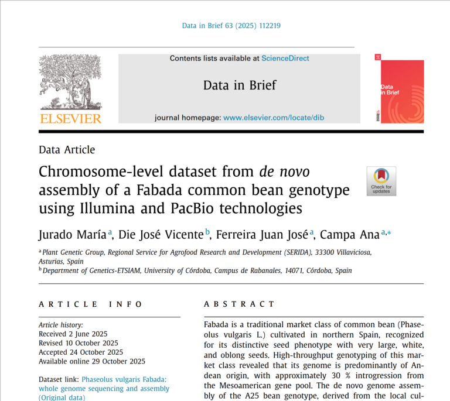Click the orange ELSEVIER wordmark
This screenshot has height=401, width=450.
click(x=70, y=119)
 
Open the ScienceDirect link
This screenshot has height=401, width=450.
click(x=285, y=59)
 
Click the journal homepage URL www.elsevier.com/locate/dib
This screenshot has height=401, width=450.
click(x=274, y=118)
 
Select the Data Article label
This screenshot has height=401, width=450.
click(x=67, y=150)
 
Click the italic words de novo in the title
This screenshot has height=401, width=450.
click(x=284, y=172)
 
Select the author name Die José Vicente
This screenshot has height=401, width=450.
click(x=161, y=235)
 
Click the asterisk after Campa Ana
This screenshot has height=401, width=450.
click(x=389, y=233)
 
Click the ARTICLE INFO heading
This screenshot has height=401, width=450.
click(x=90, y=304)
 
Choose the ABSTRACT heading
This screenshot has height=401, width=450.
click(x=239, y=304)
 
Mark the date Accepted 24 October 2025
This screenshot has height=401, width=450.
click(x=81, y=352)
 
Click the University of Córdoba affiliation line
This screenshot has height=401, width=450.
click(x=197, y=270)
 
